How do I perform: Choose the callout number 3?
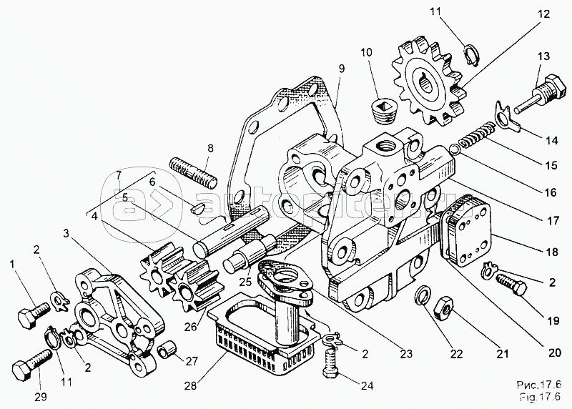click(x=66, y=233)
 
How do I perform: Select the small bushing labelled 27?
click(x=168, y=350)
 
